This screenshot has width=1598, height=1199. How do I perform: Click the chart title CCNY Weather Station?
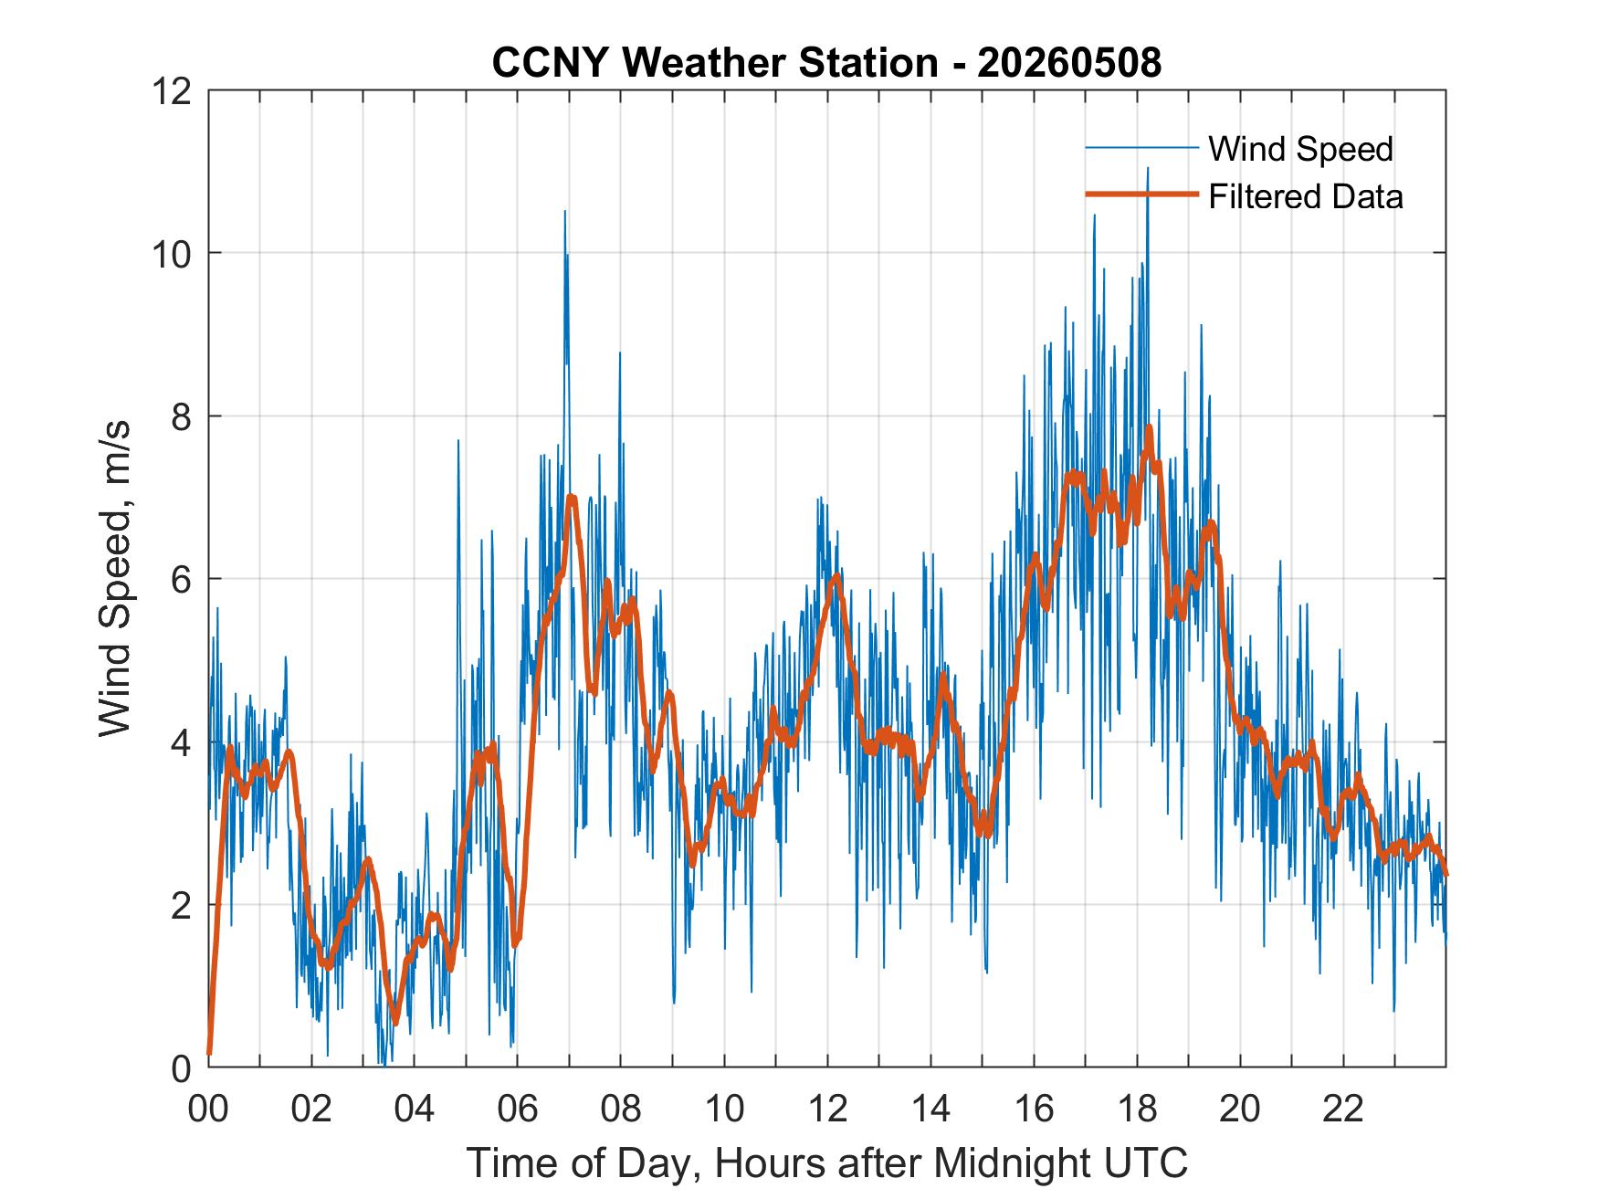click(714, 63)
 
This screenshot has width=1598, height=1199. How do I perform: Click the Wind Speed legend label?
click(1300, 149)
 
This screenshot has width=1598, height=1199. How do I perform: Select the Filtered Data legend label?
click(1306, 196)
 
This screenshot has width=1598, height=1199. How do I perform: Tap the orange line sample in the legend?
click(1141, 195)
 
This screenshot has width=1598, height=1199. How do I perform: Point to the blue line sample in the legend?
click(1141, 148)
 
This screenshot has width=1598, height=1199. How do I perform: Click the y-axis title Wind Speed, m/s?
click(115, 578)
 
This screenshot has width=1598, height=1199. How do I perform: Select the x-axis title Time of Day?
click(827, 1163)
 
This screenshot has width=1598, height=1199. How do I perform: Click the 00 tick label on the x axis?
click(209, 1109)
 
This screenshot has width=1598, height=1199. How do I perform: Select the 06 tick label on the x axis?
click(518, 1109)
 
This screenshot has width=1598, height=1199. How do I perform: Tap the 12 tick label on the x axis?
click(827, 1109)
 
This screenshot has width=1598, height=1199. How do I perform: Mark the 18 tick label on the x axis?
click(1137, 1109)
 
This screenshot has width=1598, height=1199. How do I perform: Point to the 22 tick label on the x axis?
click(1343, 1109)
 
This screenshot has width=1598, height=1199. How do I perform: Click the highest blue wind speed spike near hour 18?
click(1148, 168)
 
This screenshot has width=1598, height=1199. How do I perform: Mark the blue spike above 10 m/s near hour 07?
click(564, 212)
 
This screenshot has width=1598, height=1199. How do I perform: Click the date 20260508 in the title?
click(1069, 63)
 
